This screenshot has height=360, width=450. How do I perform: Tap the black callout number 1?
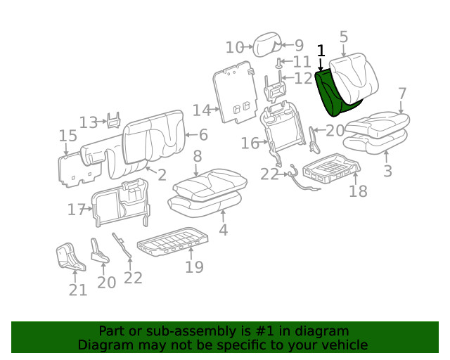[x=321, y=51]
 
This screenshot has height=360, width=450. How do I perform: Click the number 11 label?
[x=301, y=62]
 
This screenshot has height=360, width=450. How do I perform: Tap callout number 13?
[x=88, y=122]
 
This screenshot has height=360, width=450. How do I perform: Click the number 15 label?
[x=67, y=136]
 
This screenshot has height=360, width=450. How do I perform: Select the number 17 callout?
[x=76, y=209]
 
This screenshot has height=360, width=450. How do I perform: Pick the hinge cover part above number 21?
[x=70, y=257]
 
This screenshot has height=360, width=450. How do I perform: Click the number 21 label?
[x=77, y=289]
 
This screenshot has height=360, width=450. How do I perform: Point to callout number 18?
[x=358, y=191]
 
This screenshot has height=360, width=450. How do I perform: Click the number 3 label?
[x=387, y=170]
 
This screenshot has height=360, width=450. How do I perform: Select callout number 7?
[x=401, y=94]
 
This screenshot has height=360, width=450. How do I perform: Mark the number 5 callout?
[x=343, y=37]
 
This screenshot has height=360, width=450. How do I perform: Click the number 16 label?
[x=250, y=143]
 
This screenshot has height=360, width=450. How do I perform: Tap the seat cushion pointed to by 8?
[x=207, y=184]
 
